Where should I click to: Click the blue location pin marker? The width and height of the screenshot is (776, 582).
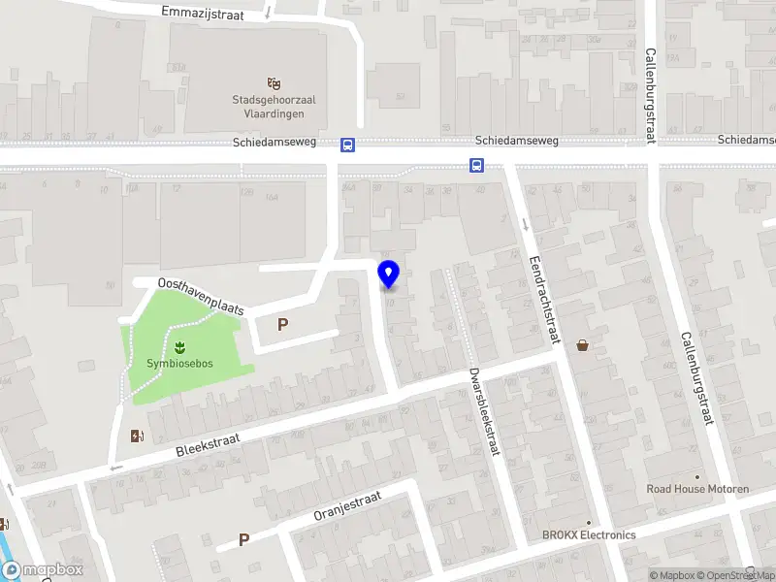(x=388, y=274)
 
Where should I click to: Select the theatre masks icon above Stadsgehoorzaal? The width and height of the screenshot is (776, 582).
(x=275, y=83)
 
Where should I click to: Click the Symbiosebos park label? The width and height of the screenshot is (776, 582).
(x=179, y=364)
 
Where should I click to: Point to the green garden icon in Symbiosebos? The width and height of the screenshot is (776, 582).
(x=179, y=346)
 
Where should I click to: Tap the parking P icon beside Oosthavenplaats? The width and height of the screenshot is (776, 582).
(x=283, y=325)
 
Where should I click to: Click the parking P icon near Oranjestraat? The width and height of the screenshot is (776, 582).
(x=243, y=539)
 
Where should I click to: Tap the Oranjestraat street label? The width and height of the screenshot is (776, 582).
(x=348, y=506)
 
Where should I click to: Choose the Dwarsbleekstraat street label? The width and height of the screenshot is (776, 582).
(x=481, y=411)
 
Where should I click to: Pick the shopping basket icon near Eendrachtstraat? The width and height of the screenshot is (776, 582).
(x=583, y=344)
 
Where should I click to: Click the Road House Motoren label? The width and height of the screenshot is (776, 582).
(x=697, y=489)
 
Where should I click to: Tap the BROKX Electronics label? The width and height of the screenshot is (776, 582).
(x=589, y=535)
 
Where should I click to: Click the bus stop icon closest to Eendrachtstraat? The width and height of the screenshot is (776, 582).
(x=477, y=165)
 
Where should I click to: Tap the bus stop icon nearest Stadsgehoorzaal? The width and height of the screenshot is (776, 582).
(x=347, y=145)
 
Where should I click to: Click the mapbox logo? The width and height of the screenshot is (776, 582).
(x=43, y=570)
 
